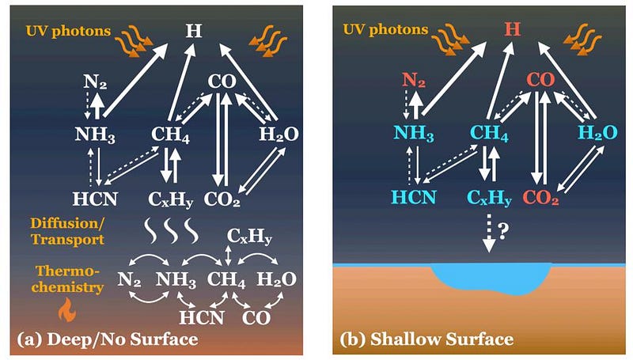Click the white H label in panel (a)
[192, 31]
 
